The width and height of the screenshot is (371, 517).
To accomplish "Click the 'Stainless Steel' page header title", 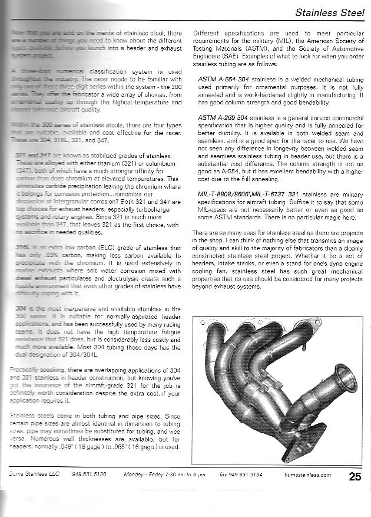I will click(332, 11).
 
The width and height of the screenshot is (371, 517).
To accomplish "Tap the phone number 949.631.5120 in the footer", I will click(89, 474).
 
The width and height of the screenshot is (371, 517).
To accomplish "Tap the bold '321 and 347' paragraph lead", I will click(32, 154).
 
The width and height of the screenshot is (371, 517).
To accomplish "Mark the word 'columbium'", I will click(161, 161).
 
